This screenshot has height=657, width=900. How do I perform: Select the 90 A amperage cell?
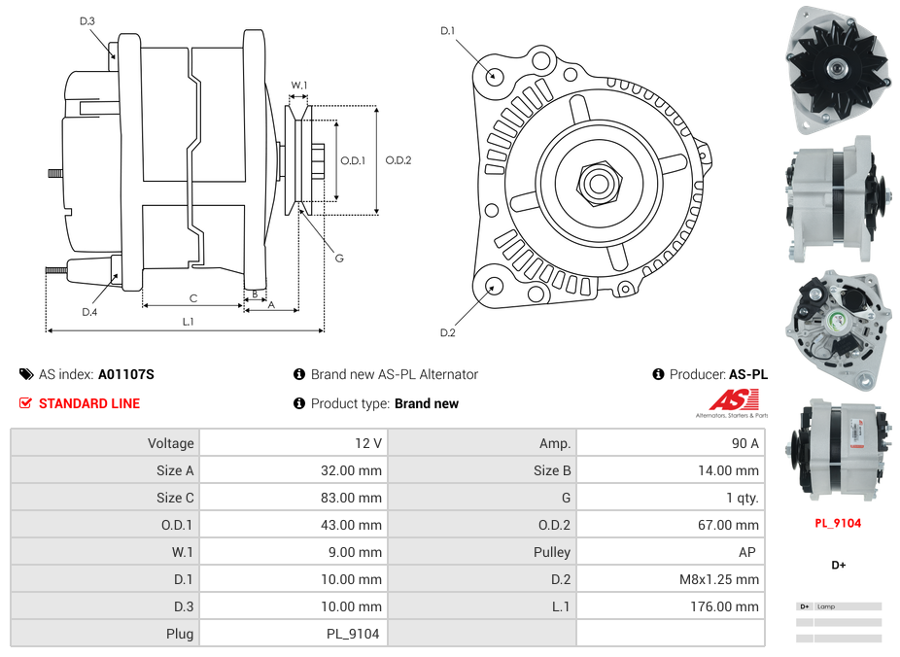(744, 443)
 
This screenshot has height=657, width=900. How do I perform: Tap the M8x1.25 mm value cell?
(719, 579)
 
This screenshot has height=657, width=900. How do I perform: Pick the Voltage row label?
(170, 443)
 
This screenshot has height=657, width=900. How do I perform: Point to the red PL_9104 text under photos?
(837, 523)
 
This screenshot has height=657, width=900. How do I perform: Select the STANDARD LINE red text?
(88, 403)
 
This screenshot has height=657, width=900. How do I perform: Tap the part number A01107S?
(126, 374)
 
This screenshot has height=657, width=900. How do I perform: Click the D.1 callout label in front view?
(447, 31)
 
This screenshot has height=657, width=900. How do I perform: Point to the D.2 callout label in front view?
(447, 333)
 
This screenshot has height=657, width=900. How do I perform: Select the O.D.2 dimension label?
(398, 160)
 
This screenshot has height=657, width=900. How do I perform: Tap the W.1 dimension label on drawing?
(299, 86)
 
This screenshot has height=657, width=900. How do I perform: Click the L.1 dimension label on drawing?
(188, 322)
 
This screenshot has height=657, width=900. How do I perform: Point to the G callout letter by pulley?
(339, 259)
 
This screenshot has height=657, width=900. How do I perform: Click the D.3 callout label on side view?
(87, 21)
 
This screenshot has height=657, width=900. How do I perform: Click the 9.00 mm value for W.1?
(358, 552)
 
